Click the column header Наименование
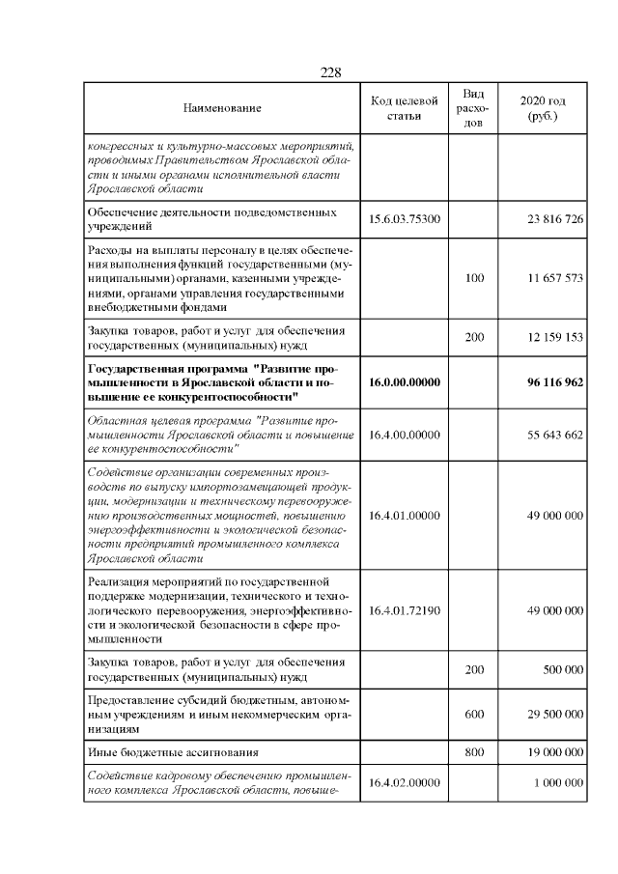[222, 109]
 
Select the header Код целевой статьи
[405, 109]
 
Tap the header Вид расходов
[473, 109]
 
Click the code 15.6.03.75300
[405, 219]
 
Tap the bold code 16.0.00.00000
[405, 382]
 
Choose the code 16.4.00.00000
[405, 435]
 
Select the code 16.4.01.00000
[405, 516]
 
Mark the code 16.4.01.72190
[405, 610]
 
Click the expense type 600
[474, 714]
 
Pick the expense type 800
[474, 750]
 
